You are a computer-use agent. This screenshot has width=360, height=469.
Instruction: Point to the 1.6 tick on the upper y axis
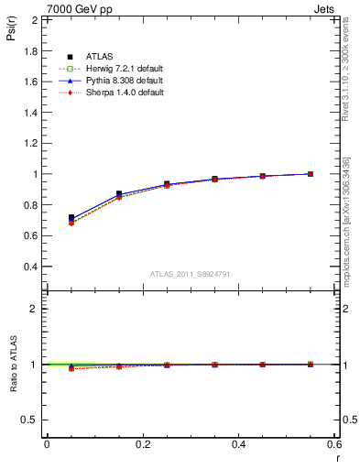pyautogui.click(x=31, y=82)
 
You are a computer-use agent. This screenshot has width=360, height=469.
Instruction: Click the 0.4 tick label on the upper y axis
pyautogui.click(x=31, y=267)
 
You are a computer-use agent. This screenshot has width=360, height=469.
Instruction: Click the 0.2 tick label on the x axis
pyautogui.click(x=143, y=444)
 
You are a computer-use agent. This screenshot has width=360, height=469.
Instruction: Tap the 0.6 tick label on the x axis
pyautogui.click(x=333, y=444)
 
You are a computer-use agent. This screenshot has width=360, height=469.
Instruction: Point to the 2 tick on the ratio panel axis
pyautogui.click(x=35, y=309)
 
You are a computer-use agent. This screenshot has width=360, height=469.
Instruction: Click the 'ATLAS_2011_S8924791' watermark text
pyautogui.click(x=189, y=273)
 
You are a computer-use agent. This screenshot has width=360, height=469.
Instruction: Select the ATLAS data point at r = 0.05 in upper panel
pyautogui.click(x=71, y=218)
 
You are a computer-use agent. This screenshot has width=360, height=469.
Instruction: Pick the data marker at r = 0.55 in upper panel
pyautogui.click(x=311, y=174)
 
